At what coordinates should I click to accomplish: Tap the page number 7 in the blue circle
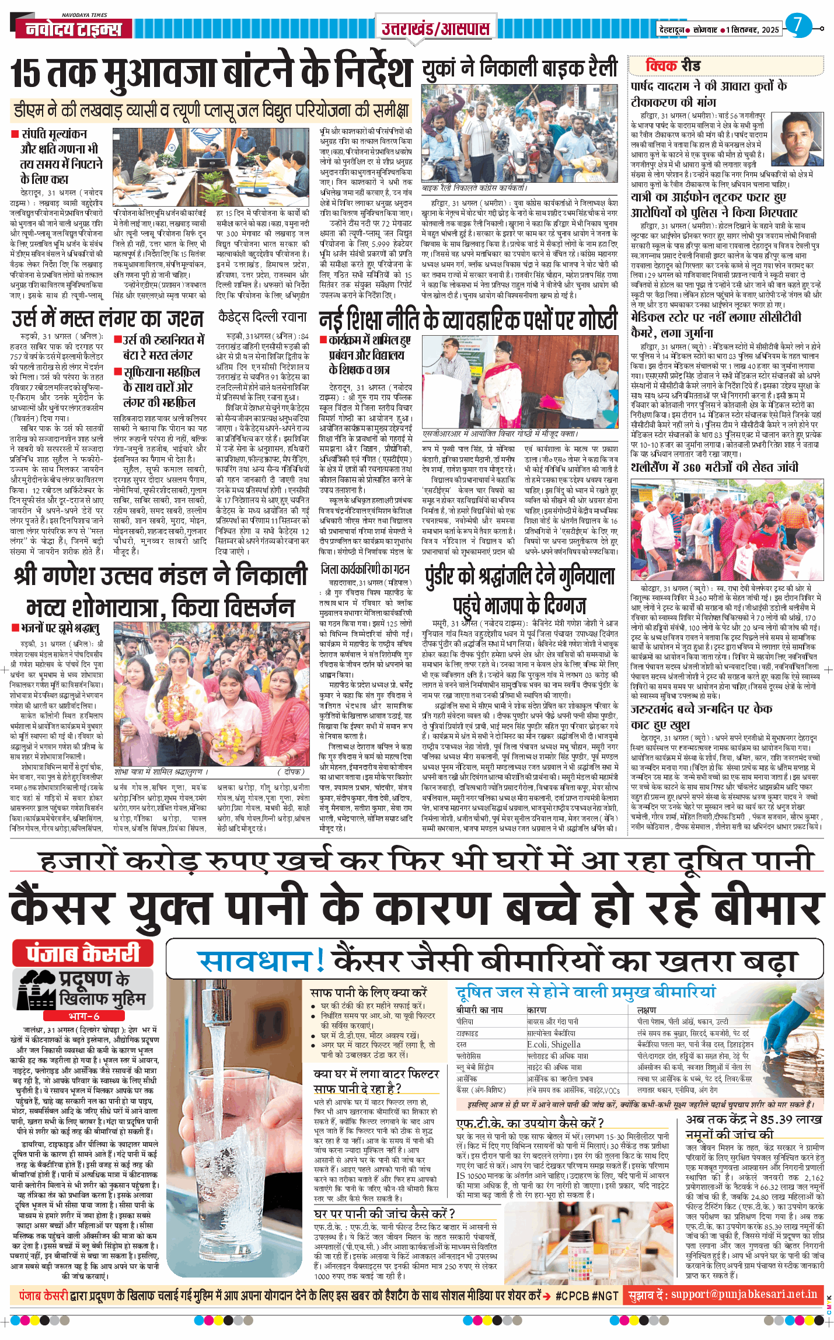(798, 25)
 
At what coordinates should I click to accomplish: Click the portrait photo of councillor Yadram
(796, 139)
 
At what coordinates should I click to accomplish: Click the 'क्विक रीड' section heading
(672, 65)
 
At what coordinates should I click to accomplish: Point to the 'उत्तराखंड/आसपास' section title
(435, 27)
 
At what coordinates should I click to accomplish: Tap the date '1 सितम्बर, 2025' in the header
(753, 30)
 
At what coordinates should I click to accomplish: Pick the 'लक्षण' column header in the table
(647, 1010)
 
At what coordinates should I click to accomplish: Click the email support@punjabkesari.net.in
(744, 1294)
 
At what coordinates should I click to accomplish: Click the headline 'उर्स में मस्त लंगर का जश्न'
(107, 319)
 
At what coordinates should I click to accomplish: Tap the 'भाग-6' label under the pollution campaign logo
(84, 1016)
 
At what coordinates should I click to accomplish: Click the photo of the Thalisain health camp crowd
(727, 530)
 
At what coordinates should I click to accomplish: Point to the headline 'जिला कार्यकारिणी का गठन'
(365, 569)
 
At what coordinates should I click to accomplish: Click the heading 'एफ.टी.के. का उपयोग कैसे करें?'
(529, 1122)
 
